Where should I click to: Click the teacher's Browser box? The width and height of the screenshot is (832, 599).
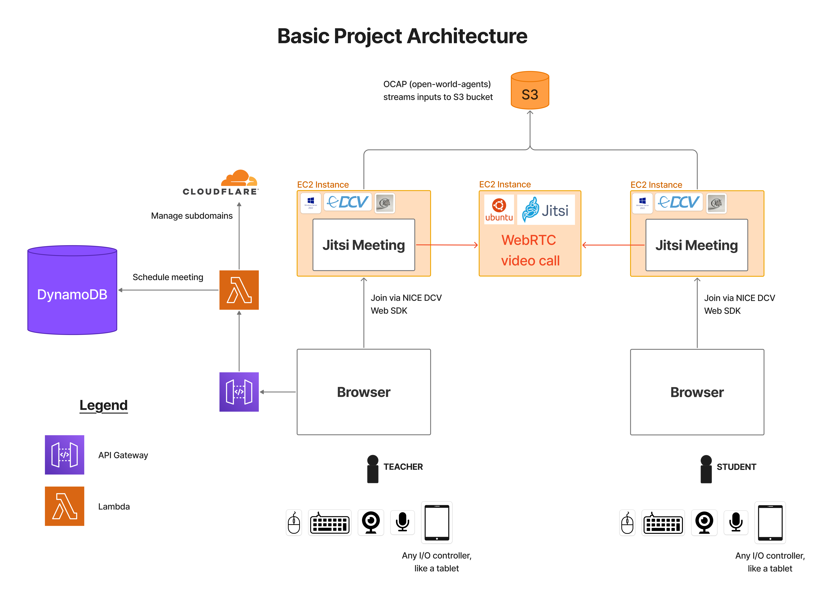pos(364,392)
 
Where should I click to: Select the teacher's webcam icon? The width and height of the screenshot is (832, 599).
pos(371,522)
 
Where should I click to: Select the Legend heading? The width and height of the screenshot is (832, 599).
pos(103,405)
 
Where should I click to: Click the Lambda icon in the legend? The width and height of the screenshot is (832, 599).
pos(65,506)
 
